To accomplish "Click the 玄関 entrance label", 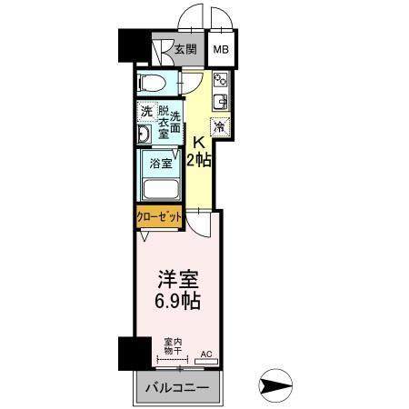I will [x=186, y=51].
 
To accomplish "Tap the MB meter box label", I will [x=222, y=51].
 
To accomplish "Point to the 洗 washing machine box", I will [x=145, y=112].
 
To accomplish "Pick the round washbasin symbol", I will [x=145, y=135].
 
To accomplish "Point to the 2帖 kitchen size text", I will [x=200, y=162].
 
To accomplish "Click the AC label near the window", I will [x=205, y=354].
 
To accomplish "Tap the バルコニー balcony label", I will [x=178, y=388].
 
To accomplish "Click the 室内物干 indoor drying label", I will [x=171, y=347].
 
